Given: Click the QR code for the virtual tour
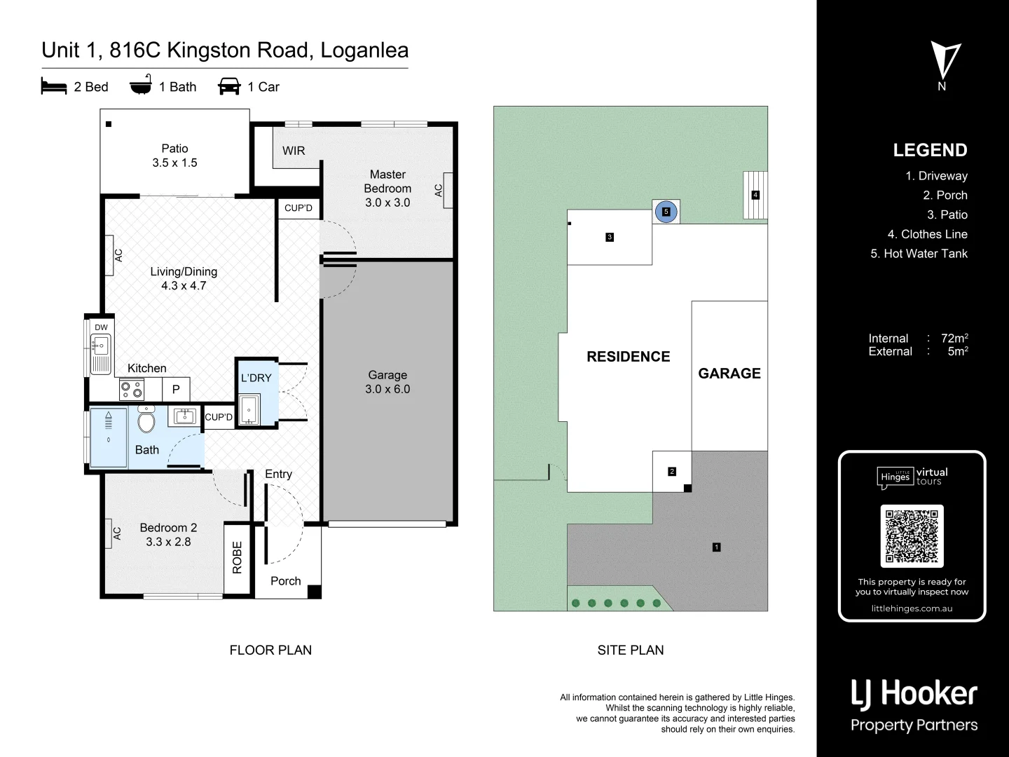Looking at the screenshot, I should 912,536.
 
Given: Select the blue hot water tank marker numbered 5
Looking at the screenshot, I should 666,212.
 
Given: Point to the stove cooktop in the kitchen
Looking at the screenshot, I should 131,389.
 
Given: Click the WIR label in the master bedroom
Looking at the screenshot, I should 294,151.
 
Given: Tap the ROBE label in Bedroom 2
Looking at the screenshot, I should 237,557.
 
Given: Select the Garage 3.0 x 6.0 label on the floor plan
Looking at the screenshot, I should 387,382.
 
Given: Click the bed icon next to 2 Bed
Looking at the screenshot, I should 54,87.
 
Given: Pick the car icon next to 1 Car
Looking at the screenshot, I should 229,87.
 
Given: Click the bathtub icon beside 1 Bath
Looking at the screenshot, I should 141,86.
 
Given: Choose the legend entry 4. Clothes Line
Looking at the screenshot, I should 927,234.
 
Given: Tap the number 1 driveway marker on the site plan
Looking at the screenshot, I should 716,547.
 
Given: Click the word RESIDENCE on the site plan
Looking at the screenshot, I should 628,357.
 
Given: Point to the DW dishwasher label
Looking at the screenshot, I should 102,327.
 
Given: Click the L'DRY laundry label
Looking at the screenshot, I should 256,378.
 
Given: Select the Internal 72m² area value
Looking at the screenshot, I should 954,339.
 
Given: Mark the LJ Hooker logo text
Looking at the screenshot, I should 914,694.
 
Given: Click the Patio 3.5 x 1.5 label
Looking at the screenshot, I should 174,156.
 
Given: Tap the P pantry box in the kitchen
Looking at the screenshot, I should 176,389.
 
